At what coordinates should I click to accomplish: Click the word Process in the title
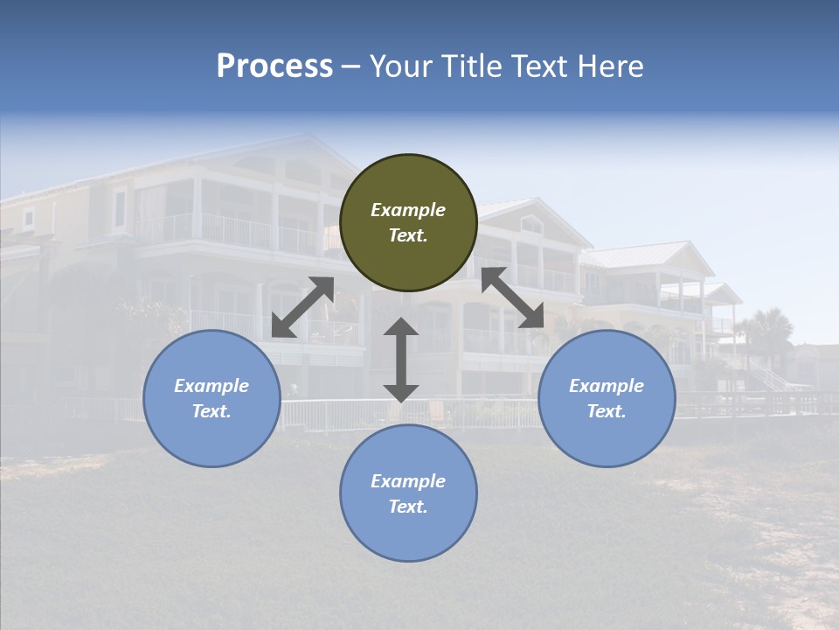(x=274, y=66)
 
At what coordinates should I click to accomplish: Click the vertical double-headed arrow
(x=400, y=360)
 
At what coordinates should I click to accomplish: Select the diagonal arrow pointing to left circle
(x=302, y=307)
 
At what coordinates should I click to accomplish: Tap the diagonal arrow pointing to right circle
(x=513, y=297)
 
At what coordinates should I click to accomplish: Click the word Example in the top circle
(x=408, y=210)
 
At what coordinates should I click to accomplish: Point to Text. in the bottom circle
(x=408, y=507)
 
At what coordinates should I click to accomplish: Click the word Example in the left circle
(x=211, y=386)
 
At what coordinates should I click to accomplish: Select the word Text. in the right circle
(x=607, y=411)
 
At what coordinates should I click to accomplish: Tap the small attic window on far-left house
(x=29, y=216)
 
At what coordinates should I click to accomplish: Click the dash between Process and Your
(x=350, y=66)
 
